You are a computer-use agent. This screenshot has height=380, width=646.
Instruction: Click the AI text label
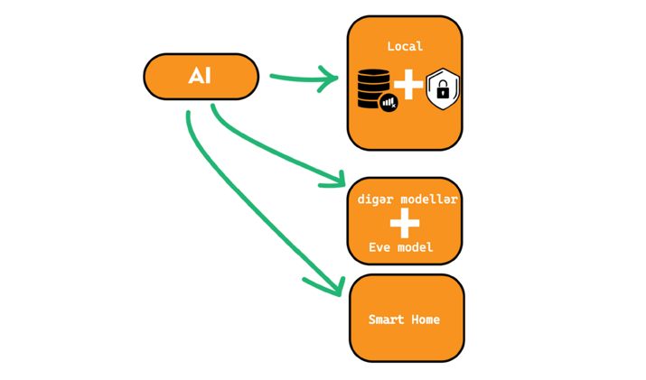click(200, 76)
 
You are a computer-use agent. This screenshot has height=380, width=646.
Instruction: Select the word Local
click(405, 46)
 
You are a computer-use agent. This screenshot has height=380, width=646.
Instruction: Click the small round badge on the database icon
click(389, 103)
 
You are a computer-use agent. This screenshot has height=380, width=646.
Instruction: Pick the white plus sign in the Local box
click(408, 85)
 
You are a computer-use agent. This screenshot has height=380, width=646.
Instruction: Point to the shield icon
click(443, 88)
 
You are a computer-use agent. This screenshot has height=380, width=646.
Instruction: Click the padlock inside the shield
click(443, 90)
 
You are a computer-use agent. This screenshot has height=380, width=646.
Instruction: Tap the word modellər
click(428, 199)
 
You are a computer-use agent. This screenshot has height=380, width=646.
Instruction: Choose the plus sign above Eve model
click(405, 222)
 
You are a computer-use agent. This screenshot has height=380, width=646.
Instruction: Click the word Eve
click(379, 247)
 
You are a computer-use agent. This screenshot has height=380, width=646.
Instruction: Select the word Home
click(426, 320)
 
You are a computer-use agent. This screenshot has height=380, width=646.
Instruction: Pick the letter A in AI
click(194, 76)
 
